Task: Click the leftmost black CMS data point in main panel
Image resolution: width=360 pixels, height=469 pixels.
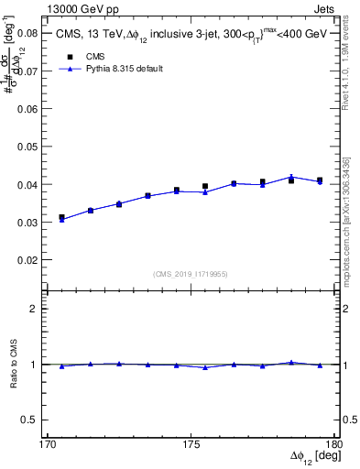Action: [x=62, y=217]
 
